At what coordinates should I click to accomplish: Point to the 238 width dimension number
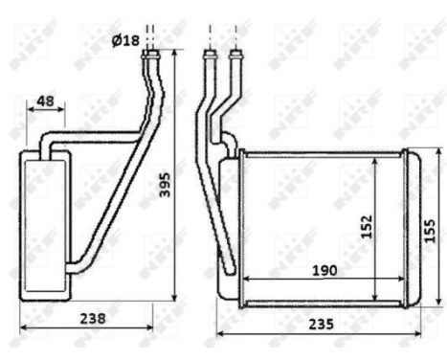coord(93,317)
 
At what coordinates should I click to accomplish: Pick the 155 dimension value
coord(430,231)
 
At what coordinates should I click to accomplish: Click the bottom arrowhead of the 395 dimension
coord(175,296)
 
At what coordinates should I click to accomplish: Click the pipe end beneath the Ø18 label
coord(151,57)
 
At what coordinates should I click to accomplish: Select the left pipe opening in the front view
coord(210,57)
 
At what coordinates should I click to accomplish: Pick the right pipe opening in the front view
coord(235,57)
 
